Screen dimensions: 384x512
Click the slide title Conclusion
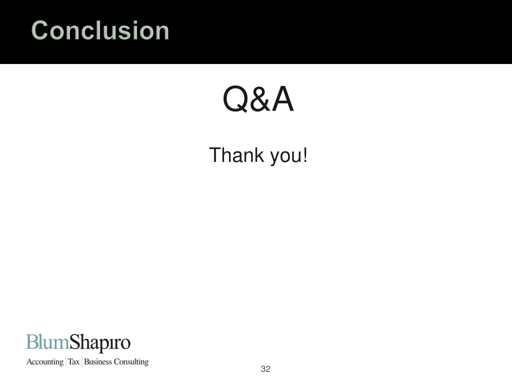(x=100, y=30)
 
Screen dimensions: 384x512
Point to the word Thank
(x=236, y=155)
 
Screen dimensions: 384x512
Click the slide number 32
(x=265, y=369)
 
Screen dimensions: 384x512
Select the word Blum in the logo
(x=47, y=343)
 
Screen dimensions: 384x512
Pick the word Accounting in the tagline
(x=45, y=362)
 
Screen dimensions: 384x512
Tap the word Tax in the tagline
(x=74, y=361)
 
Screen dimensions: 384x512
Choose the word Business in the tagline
(x=98, y=361)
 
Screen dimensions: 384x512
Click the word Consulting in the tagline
(x=131, y=362)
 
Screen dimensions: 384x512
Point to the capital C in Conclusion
(x=39, y=30)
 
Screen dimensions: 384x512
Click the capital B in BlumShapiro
(x=31, y=343)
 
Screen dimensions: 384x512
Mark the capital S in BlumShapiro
(x=75, y=343)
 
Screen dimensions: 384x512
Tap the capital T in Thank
(x=214, y=155)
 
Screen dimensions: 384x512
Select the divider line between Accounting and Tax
(x=66, y=361)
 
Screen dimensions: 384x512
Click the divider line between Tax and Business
(x=82, y=361)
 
